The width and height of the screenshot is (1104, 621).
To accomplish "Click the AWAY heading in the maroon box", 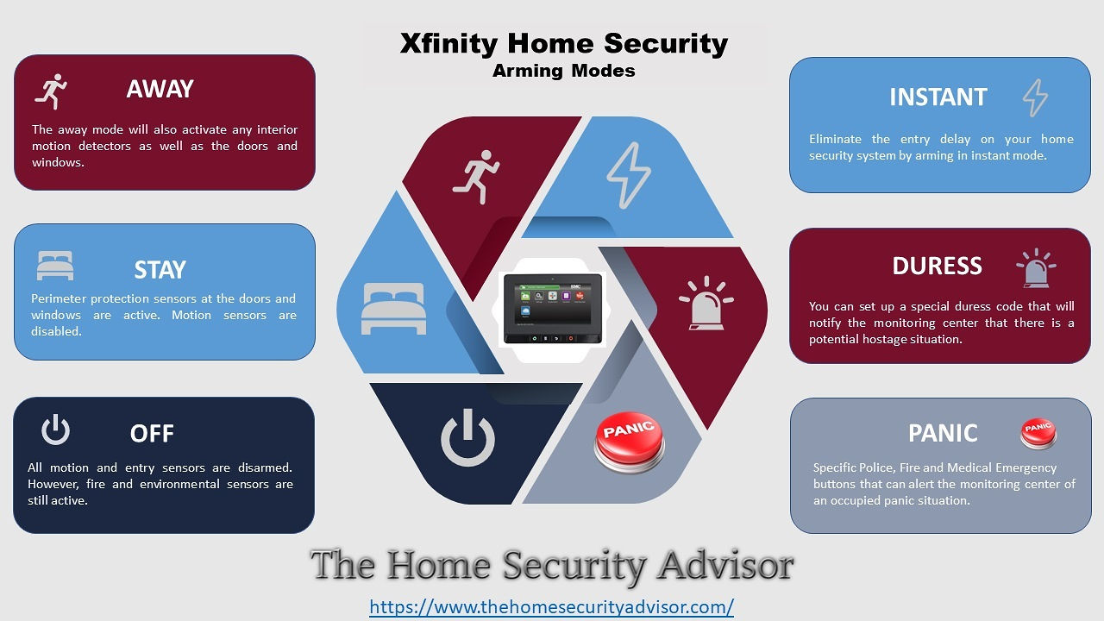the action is click(x=160, y=89).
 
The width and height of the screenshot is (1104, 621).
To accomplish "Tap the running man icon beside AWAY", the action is click(x=51, y=91).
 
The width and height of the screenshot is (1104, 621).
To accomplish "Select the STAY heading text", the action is click(x=160, y=270).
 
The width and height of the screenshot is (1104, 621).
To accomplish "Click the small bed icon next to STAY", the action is click(x=55, y=266).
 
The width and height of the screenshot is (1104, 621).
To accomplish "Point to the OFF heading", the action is click(x=152, y=434).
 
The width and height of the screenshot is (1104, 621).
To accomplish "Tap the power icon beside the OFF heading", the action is click(x=55, y=430).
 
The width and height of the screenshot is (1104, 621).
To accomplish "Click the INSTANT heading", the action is click(x=938, y=97).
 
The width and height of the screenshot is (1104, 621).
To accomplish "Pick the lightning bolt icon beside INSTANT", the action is click(x=1035, y=97).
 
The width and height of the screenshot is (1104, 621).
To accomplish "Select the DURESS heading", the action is click(x=937, y=266).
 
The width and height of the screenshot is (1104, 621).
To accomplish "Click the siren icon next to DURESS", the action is click(x=1036, y=268).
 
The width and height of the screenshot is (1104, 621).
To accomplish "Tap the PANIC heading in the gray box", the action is click(x=943, y=433).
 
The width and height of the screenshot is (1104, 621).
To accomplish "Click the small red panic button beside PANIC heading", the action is click(x=1038, y=433).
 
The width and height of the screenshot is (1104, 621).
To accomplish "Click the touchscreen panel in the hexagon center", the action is click(x=553, y=309).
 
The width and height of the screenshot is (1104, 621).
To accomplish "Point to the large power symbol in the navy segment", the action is click(x=467, y=439).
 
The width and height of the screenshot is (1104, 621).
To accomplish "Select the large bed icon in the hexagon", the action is click(x=393, y=309).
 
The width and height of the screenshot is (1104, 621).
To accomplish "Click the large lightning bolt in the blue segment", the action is click(x=629, y=175).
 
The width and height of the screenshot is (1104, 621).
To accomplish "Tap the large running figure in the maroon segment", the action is click(x=476, y=177).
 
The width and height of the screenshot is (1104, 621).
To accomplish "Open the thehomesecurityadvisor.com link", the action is click(x=551, y=606).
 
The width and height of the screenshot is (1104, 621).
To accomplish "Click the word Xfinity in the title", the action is click(x=448, y=43).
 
